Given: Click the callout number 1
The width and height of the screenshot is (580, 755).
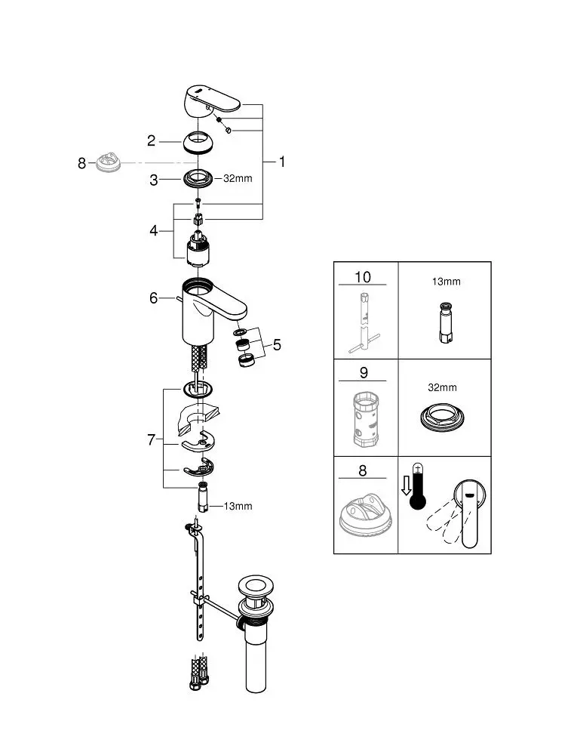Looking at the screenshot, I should [282, 162].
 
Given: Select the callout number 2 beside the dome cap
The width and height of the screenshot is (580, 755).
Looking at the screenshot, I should [152, 140].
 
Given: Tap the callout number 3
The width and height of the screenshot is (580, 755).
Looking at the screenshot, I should [153, 180].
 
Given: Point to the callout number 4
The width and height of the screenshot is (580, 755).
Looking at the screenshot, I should [153, 230].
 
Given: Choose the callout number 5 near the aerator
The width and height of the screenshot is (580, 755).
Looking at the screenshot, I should [277, 345].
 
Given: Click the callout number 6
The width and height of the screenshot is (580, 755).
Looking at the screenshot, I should [153, 298].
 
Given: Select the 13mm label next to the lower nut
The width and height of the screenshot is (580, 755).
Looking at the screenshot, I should [238, 506].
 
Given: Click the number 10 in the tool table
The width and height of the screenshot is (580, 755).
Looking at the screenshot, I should [364, 277].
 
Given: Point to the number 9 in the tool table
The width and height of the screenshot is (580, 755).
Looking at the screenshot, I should [364, 372].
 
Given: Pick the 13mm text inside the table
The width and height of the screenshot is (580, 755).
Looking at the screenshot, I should [445, 282].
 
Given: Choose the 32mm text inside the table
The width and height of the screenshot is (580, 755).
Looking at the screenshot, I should [443, 387].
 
